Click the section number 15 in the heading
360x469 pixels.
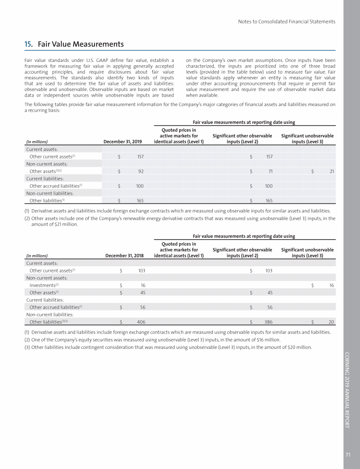28,45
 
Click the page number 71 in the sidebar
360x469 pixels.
348,454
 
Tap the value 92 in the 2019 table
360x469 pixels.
141,171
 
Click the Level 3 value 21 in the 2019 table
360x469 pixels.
331,171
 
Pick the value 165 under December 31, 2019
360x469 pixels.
140,201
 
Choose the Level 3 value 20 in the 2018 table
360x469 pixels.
331,322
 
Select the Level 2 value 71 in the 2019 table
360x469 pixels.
270,171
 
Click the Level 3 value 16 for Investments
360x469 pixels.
331,285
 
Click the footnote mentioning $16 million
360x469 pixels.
152,340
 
